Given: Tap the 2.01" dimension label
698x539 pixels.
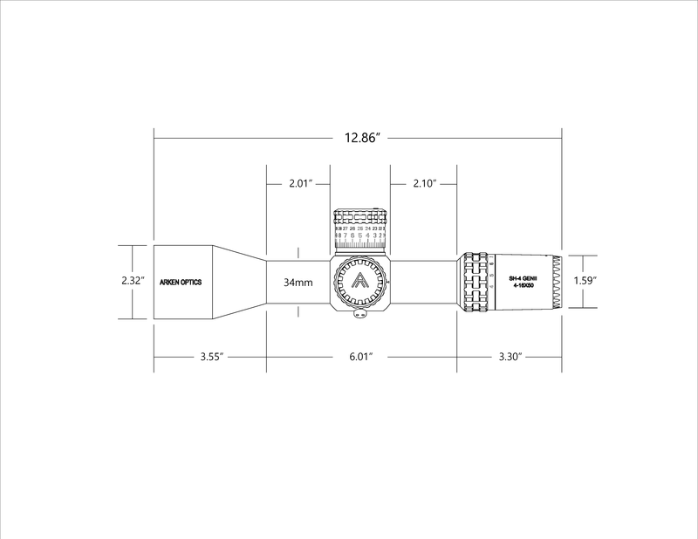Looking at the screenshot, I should [300, 184].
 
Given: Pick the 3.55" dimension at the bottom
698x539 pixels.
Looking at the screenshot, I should [209, 357].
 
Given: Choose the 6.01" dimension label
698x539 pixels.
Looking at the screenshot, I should [359, 357].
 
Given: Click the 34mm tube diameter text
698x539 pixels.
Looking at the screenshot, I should [298, 283].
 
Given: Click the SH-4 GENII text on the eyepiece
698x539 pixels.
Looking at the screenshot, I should [525, 277].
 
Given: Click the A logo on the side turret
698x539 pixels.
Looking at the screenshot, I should [359, 282].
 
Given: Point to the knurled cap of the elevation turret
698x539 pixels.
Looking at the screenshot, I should [359, 217].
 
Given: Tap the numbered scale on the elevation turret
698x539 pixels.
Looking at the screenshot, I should [359, 236].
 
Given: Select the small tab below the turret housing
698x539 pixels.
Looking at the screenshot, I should [359, 317].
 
